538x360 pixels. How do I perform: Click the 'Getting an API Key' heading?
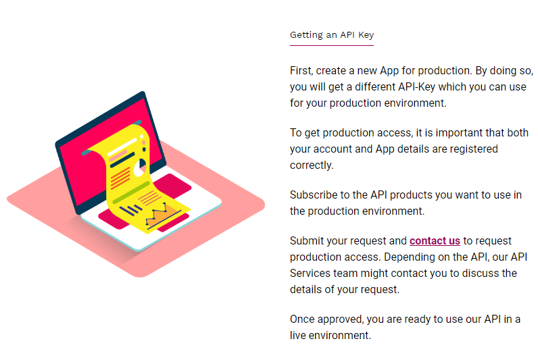332,35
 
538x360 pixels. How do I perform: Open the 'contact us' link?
435,240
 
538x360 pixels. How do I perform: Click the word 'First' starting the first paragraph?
301,71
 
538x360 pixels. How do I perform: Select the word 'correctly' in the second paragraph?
312,165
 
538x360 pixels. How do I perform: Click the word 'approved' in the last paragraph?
341,319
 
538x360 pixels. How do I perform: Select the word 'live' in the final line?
297,335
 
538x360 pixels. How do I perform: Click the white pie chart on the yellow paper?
140,168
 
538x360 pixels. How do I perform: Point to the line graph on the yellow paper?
156,213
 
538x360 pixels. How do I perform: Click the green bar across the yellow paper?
131,192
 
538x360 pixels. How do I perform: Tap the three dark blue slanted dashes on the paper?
130,210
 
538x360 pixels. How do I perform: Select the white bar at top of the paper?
122,147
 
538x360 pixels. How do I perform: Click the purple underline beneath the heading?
332,45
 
